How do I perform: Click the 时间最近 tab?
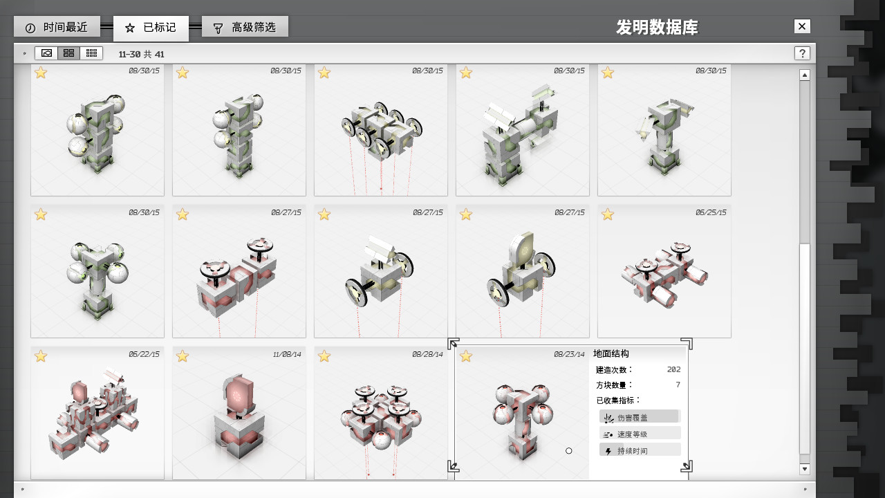tap(57, 27)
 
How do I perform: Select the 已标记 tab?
tap(151, 28)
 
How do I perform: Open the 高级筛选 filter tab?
tap(245, 27)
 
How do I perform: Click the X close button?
tap(802, 26)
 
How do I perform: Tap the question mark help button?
tap(802, 53)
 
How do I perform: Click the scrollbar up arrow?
tap(805, 75)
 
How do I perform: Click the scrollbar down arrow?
tap(805, 469)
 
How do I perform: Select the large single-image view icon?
tap(46, 53)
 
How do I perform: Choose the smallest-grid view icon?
tap(91, 53)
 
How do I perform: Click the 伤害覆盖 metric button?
tap(640, 417)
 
